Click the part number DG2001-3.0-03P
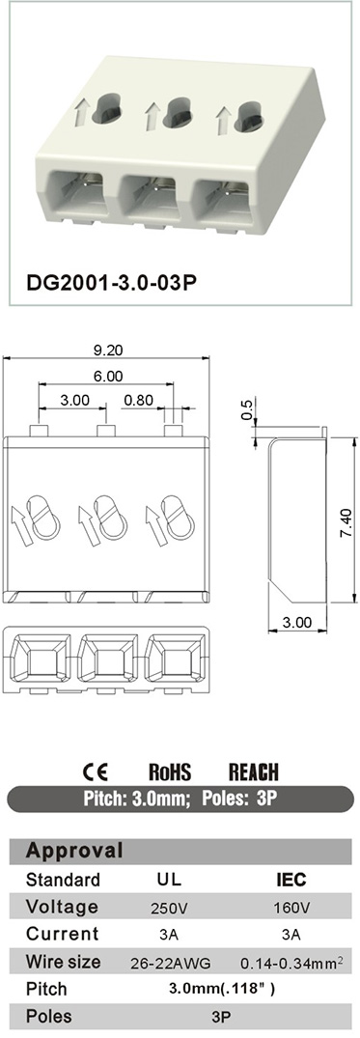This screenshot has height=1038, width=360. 111,283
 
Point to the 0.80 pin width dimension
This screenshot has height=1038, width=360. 138,401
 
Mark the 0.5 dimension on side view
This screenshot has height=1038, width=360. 247,409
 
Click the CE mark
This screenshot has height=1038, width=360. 95,771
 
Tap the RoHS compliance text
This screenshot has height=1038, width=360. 170,771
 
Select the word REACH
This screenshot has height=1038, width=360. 254,771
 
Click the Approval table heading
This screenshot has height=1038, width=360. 74,851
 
